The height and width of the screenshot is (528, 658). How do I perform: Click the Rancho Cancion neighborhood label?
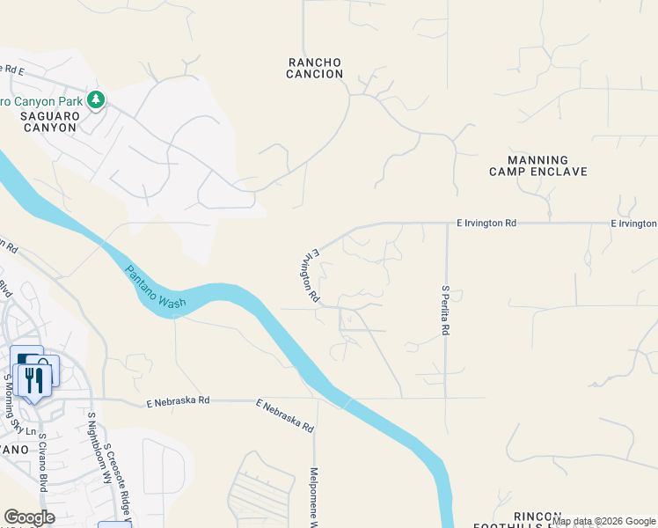point(315,68)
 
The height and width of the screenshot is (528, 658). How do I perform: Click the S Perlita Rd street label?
point(446,310)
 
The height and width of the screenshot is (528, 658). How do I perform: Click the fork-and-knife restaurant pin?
point(33,380)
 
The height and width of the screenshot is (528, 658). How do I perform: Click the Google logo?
point(30,517)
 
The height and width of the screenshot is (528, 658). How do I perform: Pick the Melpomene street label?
point(314,498)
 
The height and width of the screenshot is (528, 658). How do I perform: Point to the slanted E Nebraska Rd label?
point(286,415)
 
